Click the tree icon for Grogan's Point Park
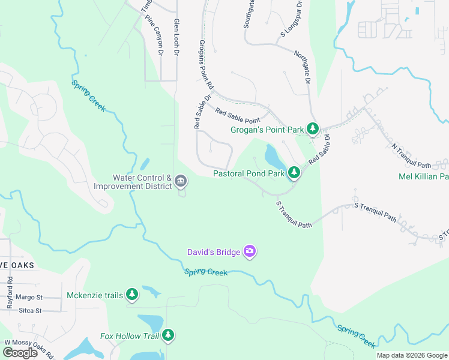click(x=312, y=129)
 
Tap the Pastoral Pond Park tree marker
click(x=294, y=173)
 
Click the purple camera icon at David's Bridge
click(x=250, y=251)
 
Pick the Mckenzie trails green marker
click(x=132, y=295)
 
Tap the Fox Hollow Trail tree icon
click(x=169, y=335)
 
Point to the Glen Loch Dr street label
click(x=176, y=37)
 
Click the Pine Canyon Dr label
click(x=154, y=35)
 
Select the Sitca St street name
click(x=30, y=311)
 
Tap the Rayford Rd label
click(x=10, y=293)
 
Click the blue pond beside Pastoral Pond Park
click(x=273, y=158)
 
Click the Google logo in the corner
click(x=20, y=352)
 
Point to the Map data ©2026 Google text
click(x=412, y=355)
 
